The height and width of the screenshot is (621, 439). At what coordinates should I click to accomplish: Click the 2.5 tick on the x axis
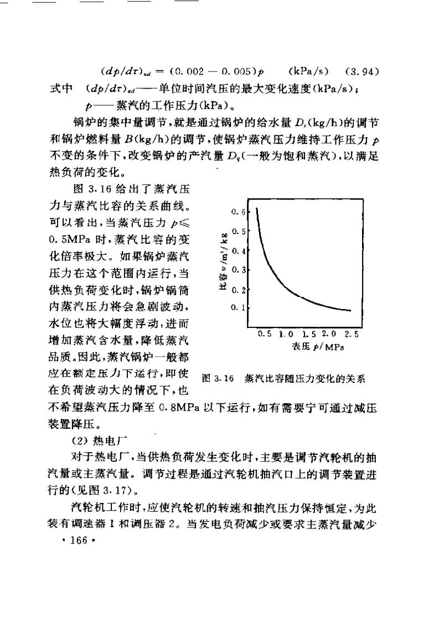click(x=352, y=335)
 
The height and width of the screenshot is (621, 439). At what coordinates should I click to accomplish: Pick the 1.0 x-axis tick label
click(x=286, y=335)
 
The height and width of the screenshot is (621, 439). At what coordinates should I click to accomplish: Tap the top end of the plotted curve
click(x=256, y=209)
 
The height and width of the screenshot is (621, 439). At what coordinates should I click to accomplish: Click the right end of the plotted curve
click(x=350, y=310)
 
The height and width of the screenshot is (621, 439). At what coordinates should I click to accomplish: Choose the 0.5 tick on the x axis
click(x=265, y=335)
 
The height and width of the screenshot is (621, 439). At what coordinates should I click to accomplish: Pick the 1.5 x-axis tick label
click(x=309, y=335)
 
